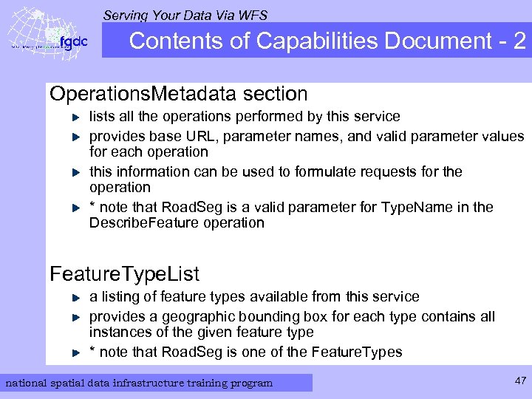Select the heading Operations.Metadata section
178,94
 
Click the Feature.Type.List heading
124,274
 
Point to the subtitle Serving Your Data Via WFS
185,14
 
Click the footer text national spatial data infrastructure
139,383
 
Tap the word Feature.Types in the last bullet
358,352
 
